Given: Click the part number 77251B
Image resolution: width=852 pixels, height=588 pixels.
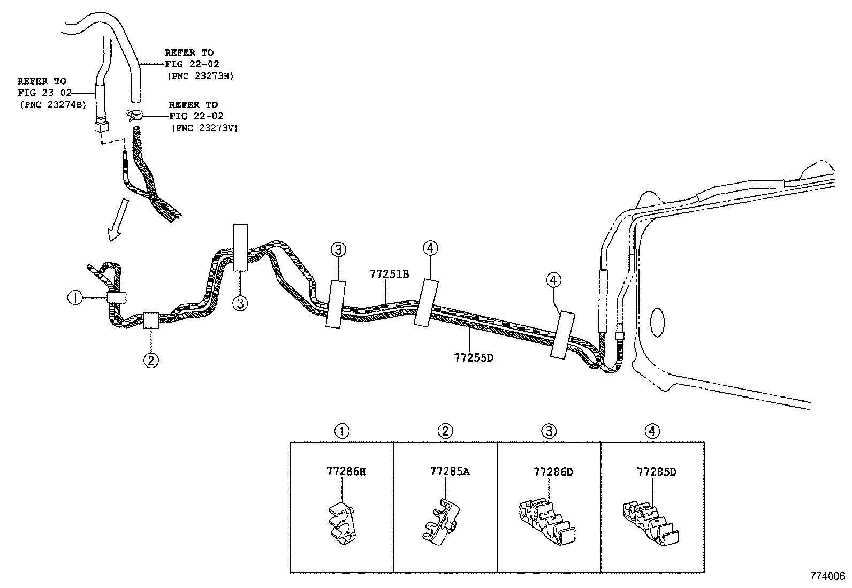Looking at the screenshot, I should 389,274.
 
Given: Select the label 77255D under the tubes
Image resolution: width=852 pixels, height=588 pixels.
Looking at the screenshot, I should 473,357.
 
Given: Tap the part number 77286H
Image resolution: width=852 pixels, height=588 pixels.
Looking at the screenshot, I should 346,471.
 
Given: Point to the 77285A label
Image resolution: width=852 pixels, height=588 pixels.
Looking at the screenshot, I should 450,471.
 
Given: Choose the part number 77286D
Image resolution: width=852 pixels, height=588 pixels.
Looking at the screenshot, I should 553,471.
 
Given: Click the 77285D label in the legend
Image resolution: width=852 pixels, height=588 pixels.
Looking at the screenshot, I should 657,471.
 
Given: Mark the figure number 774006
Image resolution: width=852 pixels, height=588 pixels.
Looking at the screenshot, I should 827,577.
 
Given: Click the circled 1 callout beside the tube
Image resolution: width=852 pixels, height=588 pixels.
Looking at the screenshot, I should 75,297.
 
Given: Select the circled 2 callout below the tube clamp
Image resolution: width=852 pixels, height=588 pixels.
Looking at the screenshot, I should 151,360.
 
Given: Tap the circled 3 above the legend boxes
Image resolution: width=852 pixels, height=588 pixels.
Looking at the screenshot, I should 549,431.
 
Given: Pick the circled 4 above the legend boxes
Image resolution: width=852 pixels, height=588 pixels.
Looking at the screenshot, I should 652,431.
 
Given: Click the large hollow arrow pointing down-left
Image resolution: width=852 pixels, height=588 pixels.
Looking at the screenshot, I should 117,220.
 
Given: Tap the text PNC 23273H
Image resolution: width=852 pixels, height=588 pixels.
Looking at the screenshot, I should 201,76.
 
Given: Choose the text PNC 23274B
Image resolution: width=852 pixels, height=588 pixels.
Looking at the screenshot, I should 52,104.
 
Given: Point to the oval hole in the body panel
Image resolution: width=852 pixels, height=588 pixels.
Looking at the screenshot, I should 657,323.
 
